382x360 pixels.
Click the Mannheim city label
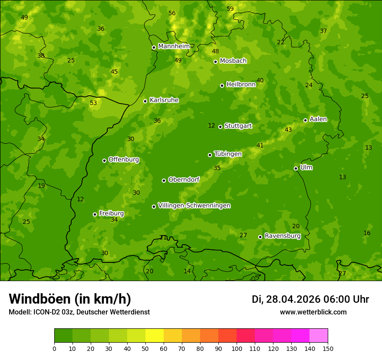tap(174, 46)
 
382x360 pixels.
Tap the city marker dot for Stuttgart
tap(221, 127)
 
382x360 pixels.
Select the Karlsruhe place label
tap(164, 100)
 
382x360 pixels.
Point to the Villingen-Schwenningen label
tap(194, 206)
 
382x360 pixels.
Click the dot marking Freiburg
tap(95, 214)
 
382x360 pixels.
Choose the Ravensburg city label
tap(282, 236)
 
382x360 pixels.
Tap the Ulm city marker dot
tap(296, 168)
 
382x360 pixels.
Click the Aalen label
tap(318, 119)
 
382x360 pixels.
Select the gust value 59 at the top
tap(230, 9)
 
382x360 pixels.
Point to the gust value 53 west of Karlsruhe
tap(93, 103)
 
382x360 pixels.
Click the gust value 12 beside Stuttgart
tap(211, 125)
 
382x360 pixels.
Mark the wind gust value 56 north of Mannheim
tap(172, 13)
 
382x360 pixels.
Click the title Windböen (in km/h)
tap(70, 299)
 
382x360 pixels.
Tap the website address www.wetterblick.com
tap(313, 312)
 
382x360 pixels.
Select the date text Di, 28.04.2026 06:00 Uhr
tap(310, 299)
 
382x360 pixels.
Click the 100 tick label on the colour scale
tap(237, 348)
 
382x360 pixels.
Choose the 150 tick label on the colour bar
tap(328, 348)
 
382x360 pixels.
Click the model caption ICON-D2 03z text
tap(79, 312)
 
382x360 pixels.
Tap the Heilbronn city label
tap(240, 85)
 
